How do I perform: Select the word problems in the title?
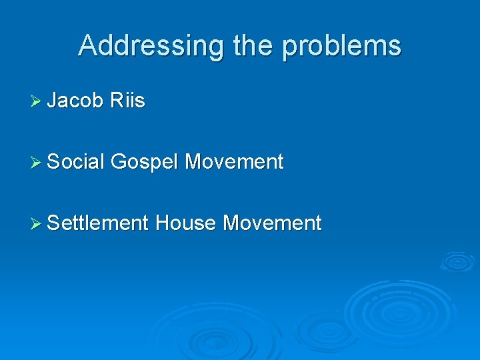[342, 46]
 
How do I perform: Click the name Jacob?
[75, 101]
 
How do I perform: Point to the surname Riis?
[127, 101]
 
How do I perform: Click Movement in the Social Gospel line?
[234, 161]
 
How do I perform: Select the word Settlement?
[97, 223]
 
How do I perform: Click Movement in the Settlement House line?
[272, 223]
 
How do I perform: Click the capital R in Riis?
[116, 101]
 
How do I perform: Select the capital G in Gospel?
[119, 161]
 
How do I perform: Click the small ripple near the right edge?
[457, 261]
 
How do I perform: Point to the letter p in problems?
[289, 48]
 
